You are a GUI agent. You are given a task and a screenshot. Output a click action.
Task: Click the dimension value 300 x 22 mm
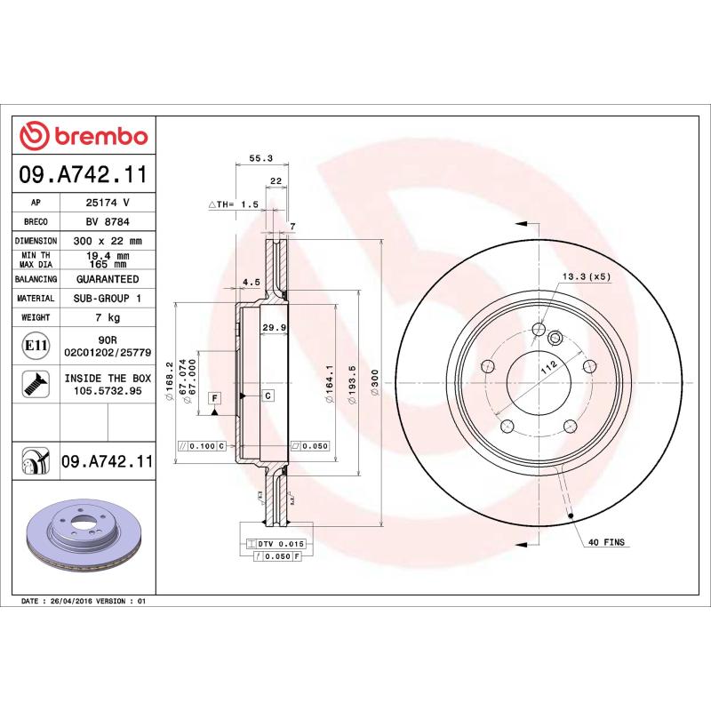pyautogui.click(x=107, y=241)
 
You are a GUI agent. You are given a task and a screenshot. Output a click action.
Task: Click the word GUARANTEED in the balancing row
pyautogui.click(x=107, y=279)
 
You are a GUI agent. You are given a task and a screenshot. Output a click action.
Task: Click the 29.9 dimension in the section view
pyautogui.click(x=273, y=328)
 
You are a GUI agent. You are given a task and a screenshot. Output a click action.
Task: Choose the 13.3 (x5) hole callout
pyautogui.click(x=587, y=277)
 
